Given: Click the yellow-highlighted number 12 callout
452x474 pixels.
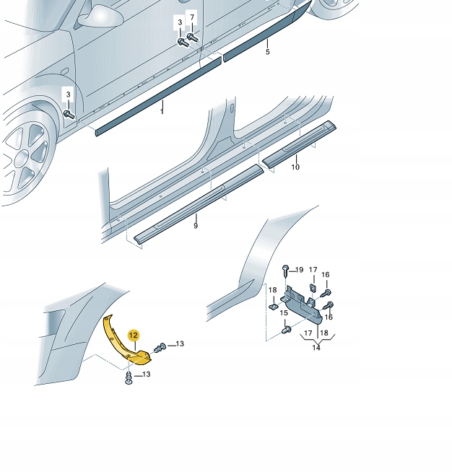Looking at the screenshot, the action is click(133, 335).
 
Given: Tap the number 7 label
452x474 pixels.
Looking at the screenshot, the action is click(192, 17).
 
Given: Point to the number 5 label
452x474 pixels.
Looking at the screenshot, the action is click(267, 52).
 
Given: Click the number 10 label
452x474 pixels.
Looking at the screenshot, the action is click(295, 167).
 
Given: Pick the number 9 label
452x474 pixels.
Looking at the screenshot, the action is click(196, 226).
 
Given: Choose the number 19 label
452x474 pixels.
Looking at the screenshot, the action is click(299, 270).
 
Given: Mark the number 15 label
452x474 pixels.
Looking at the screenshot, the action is click(284, 313).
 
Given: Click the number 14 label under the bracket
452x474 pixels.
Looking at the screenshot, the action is click(316, 348).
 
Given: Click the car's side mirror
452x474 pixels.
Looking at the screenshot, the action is click(100, 16).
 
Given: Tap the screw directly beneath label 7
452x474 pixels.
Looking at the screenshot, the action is click(192, 38).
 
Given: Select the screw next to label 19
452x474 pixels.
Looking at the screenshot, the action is click(286, 273).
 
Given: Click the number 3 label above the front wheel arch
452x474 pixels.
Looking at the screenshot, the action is click(68, 95).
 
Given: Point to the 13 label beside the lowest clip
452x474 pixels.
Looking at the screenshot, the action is click(146, 374).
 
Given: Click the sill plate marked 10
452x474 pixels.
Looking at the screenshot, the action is click(299, 144).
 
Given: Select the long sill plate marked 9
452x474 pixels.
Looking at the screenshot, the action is click(199, 203).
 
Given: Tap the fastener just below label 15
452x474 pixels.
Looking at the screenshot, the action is click(286, 330).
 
